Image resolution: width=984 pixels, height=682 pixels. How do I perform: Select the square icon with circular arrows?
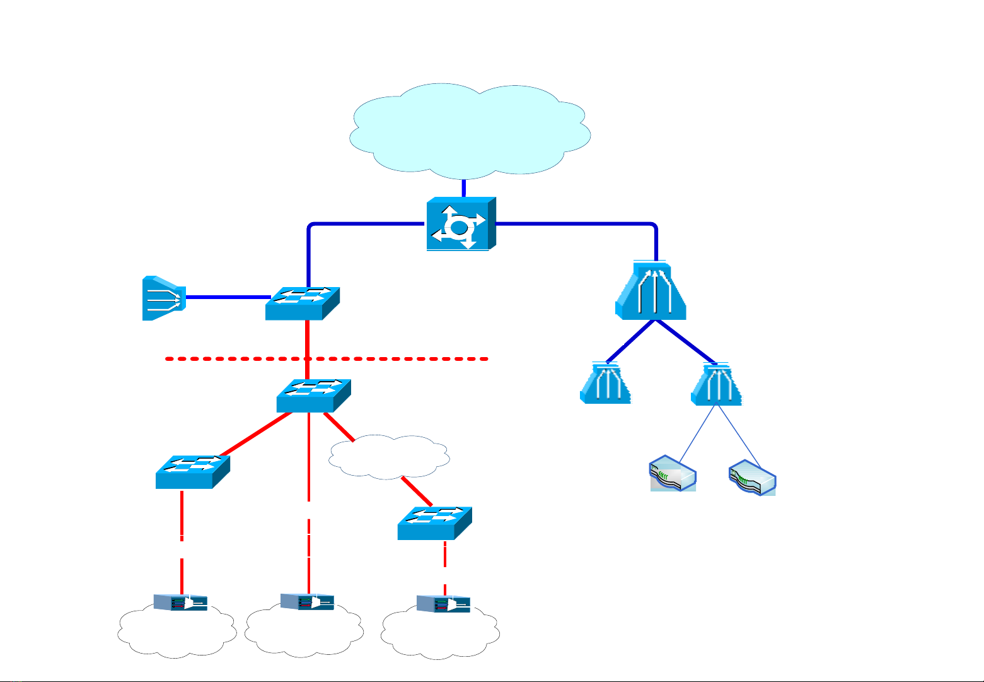460,224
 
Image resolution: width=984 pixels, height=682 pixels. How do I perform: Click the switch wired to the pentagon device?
303,303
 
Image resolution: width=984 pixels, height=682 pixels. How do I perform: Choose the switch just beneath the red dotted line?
313,396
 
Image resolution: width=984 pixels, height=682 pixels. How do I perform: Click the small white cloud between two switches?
389,456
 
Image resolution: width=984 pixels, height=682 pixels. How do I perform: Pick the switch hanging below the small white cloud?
435,523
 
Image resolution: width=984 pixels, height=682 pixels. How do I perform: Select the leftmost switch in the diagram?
192,472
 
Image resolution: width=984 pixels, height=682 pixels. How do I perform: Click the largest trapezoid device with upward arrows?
651,291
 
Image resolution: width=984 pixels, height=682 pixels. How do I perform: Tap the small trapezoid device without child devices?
605,384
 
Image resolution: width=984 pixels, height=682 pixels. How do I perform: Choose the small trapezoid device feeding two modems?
716,384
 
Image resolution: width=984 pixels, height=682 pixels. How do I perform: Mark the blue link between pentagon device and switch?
227,297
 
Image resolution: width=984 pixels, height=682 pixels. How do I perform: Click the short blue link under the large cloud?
463,188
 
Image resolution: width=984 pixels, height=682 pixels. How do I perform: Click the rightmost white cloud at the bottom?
441,635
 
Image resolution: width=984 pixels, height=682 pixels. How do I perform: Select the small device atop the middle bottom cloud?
307,603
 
